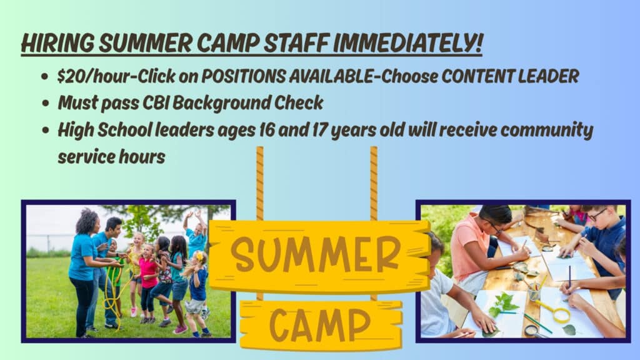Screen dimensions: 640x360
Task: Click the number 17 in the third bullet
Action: (319, 130)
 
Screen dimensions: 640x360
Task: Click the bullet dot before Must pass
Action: (45, 103)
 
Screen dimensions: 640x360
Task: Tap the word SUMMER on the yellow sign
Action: (315, 255)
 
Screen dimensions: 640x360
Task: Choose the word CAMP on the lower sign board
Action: (320, 324)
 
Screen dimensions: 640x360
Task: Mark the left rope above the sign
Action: (259, 184)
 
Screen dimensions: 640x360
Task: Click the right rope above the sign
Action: (374, 184)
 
